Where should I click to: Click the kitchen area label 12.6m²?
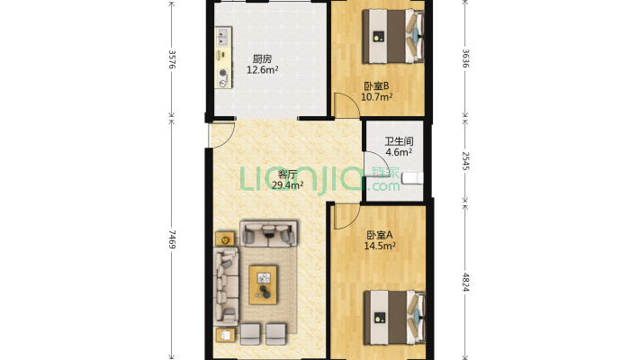pos(263,69)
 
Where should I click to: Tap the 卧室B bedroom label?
pos(376,86)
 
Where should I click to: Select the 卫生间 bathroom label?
pos(399,141)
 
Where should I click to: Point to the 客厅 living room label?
pos(287,175)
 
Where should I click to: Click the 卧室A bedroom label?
pos(380,235)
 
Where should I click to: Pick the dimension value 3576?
pos(172,59)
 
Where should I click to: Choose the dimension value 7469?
pos(172,239)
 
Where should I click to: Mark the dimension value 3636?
pos(465,58)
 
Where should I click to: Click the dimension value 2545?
pos(465,161)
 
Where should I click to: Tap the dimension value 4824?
pos(465,282)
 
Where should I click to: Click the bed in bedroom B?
pos(393,36)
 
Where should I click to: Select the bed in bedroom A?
pos(394,317)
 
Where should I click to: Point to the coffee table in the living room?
pos(263,284)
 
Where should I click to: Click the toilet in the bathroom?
pos(412,178)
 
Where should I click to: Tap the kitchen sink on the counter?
pos(223,37)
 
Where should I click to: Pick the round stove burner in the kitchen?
pos(223,73)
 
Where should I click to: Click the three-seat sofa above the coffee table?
pos(268,234)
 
